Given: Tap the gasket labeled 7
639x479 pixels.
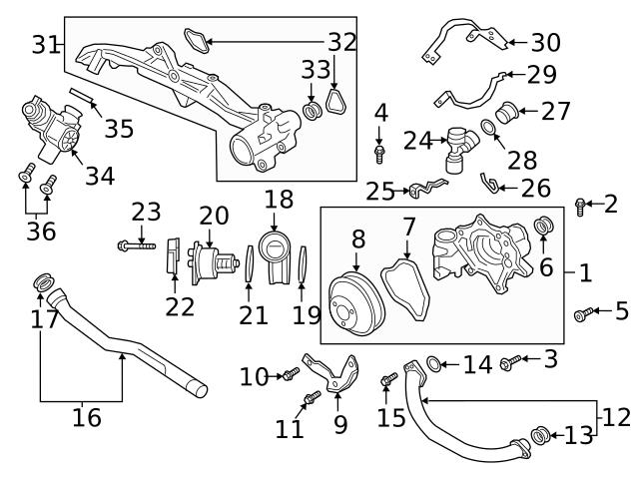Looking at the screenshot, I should (407, 288).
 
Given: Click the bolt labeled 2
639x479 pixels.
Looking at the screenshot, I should (581, 207).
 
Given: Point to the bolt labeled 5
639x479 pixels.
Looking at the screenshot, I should (581, 315).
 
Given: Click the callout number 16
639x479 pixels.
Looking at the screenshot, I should (87, 417).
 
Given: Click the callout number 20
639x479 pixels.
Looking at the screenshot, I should (214, 216).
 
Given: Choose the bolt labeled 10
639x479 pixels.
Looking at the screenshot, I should (290, 374).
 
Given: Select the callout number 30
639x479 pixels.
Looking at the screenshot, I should (545, 43).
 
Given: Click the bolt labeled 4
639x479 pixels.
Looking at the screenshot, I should (380, 152).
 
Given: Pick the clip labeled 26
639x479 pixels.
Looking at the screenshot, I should (489, 181).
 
